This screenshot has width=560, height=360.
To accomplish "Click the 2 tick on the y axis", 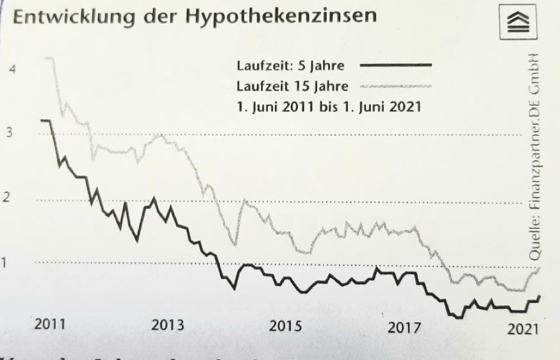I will tap(7, 197).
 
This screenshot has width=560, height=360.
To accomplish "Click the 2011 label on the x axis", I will tap(49, 324).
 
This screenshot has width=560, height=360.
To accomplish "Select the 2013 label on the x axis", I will tap(167, 325).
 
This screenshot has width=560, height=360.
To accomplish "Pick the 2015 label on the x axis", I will tap(285, 326).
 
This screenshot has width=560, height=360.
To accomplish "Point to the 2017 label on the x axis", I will tap(404, 327).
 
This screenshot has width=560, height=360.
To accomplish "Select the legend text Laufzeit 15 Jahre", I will tap(292, 86).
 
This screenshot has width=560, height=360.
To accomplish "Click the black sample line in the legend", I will tap(396, 65).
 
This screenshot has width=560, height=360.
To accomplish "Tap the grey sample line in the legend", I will tap(396, 85).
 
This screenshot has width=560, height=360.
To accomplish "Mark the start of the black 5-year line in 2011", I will tap(42, 120).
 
